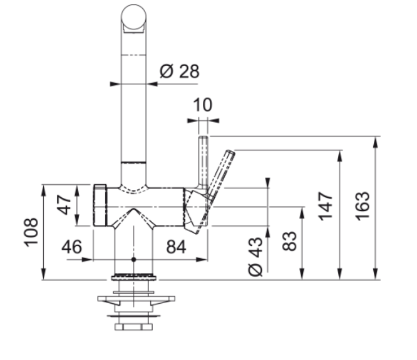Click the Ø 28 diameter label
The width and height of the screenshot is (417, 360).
pyautogui.click(x=179, y=71)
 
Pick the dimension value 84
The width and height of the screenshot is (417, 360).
pyautogui.click(x=176, y=247)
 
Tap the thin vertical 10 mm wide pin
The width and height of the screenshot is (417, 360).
pyautogui.click(x=203, y=159)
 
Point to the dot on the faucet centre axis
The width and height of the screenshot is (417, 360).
pyautogui.click(x=133, y=259)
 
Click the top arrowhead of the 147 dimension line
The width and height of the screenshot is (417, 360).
pyautogui.click(x=340, y=154)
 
